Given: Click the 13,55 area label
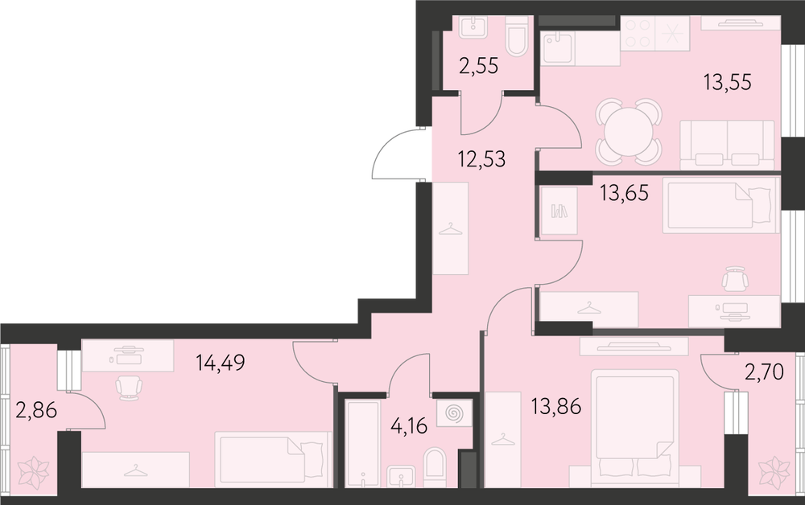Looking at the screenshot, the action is tap(728, 82).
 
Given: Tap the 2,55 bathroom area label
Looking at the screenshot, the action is tap(478, 66).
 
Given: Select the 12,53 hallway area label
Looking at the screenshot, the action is tap(481, 159).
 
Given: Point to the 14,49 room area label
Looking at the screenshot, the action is tap(221, 363).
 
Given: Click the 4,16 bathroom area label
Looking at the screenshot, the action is tap(409, 425).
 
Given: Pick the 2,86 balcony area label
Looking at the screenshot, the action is tap(36, 411).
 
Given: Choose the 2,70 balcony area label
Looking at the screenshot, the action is tap(764, 372).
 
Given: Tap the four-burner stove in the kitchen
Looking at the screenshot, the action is tap(638, 33).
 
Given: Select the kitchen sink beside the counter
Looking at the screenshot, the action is tap(558, 48).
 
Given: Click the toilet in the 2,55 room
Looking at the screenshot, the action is tap(517, 36).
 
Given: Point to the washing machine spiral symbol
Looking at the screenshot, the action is tap(454, 413).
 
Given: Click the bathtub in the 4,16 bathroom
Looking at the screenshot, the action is tap(362, 444).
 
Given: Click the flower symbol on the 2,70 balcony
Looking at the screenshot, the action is tap(774, 470).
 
